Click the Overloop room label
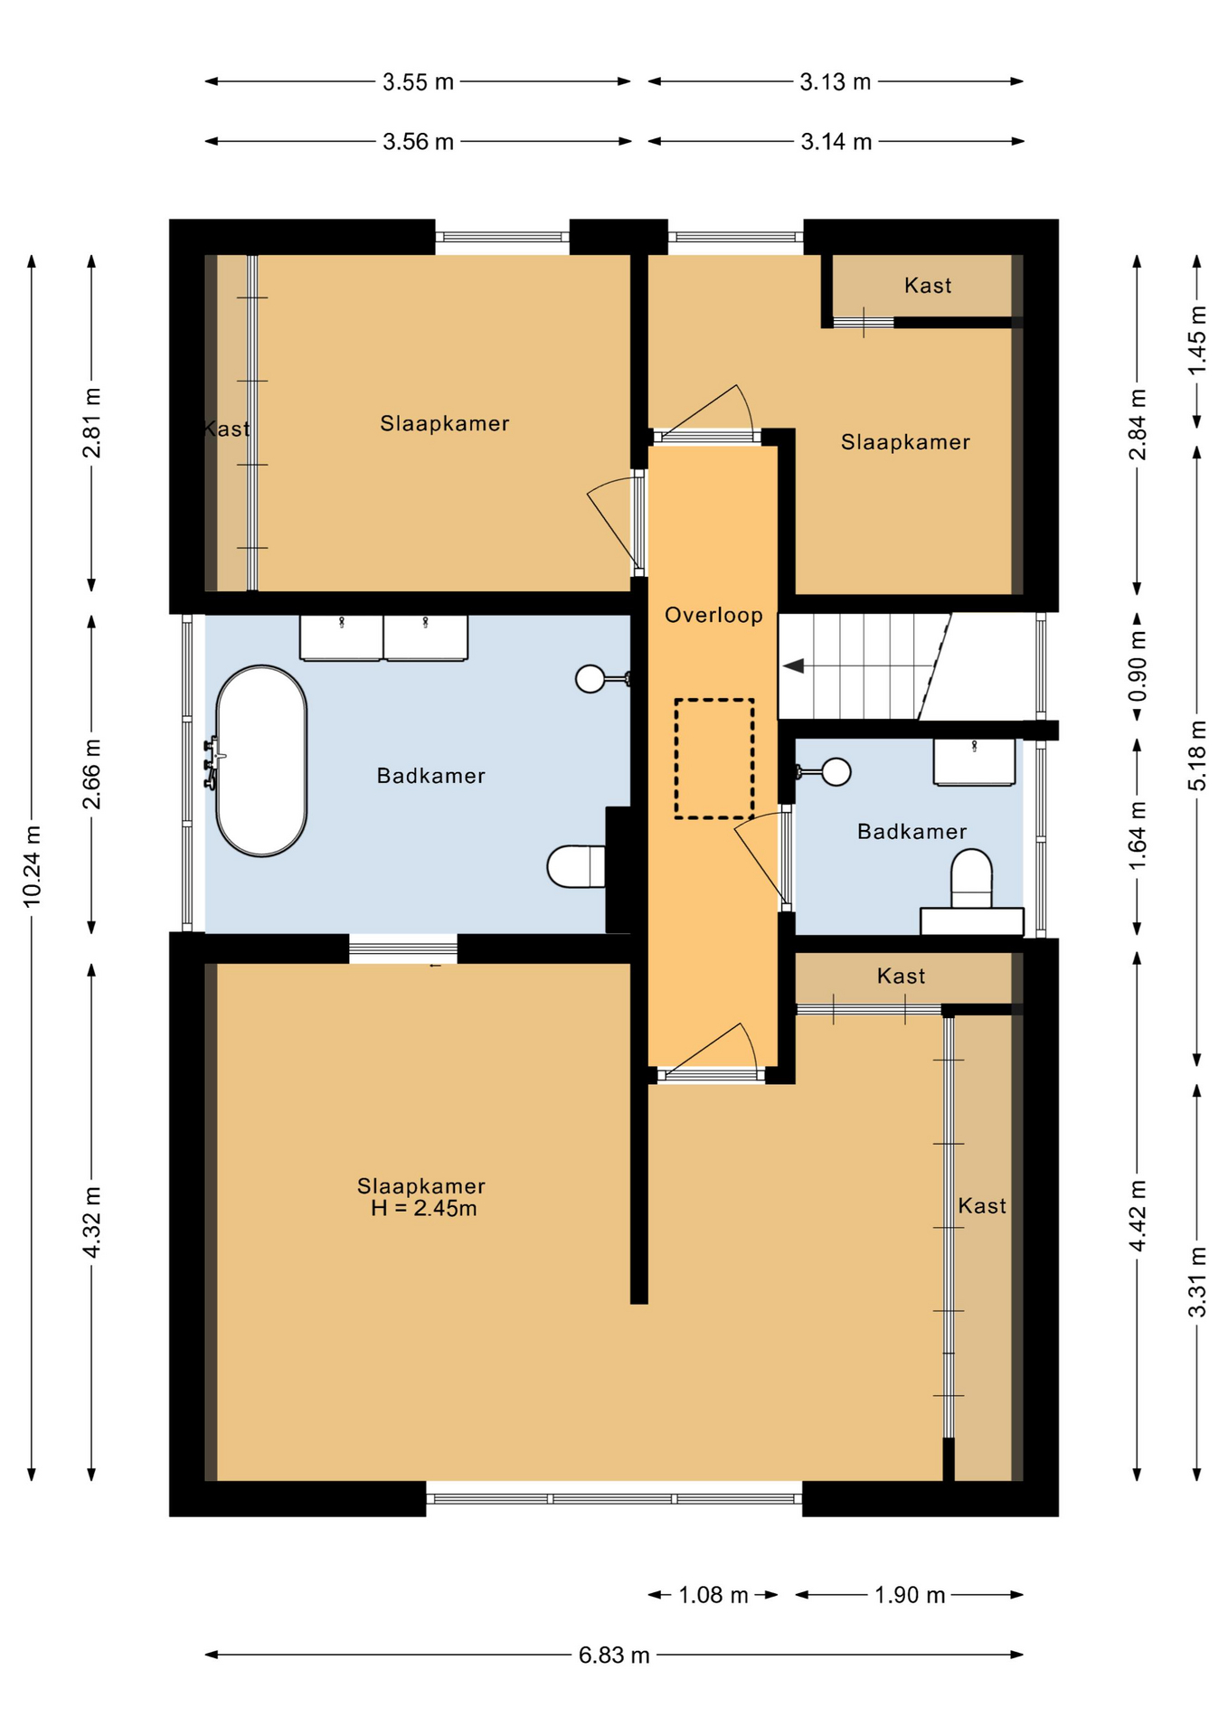tap(713, 615)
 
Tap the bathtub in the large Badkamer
tap(261, 760)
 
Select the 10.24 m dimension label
tap(32, 865)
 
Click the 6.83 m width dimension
tap(614, 1655)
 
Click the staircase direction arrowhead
tap(793, 666)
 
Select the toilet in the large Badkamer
tap(576, 866)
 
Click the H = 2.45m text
tap(423, 1209)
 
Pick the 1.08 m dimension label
tap(713, 1595)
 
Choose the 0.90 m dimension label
tap(1138, 666)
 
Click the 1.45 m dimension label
tap(1197, 340)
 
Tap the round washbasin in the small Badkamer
tap(836, 771)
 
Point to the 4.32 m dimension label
tap(91, 1222)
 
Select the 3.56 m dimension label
tap(418, 142)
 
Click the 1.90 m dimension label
tap(910, 1595)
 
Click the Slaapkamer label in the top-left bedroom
tap(444, 423)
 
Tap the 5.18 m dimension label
tap(1197, 755)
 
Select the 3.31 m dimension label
tap(1197, 1282)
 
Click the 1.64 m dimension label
tap(1138, 835)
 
